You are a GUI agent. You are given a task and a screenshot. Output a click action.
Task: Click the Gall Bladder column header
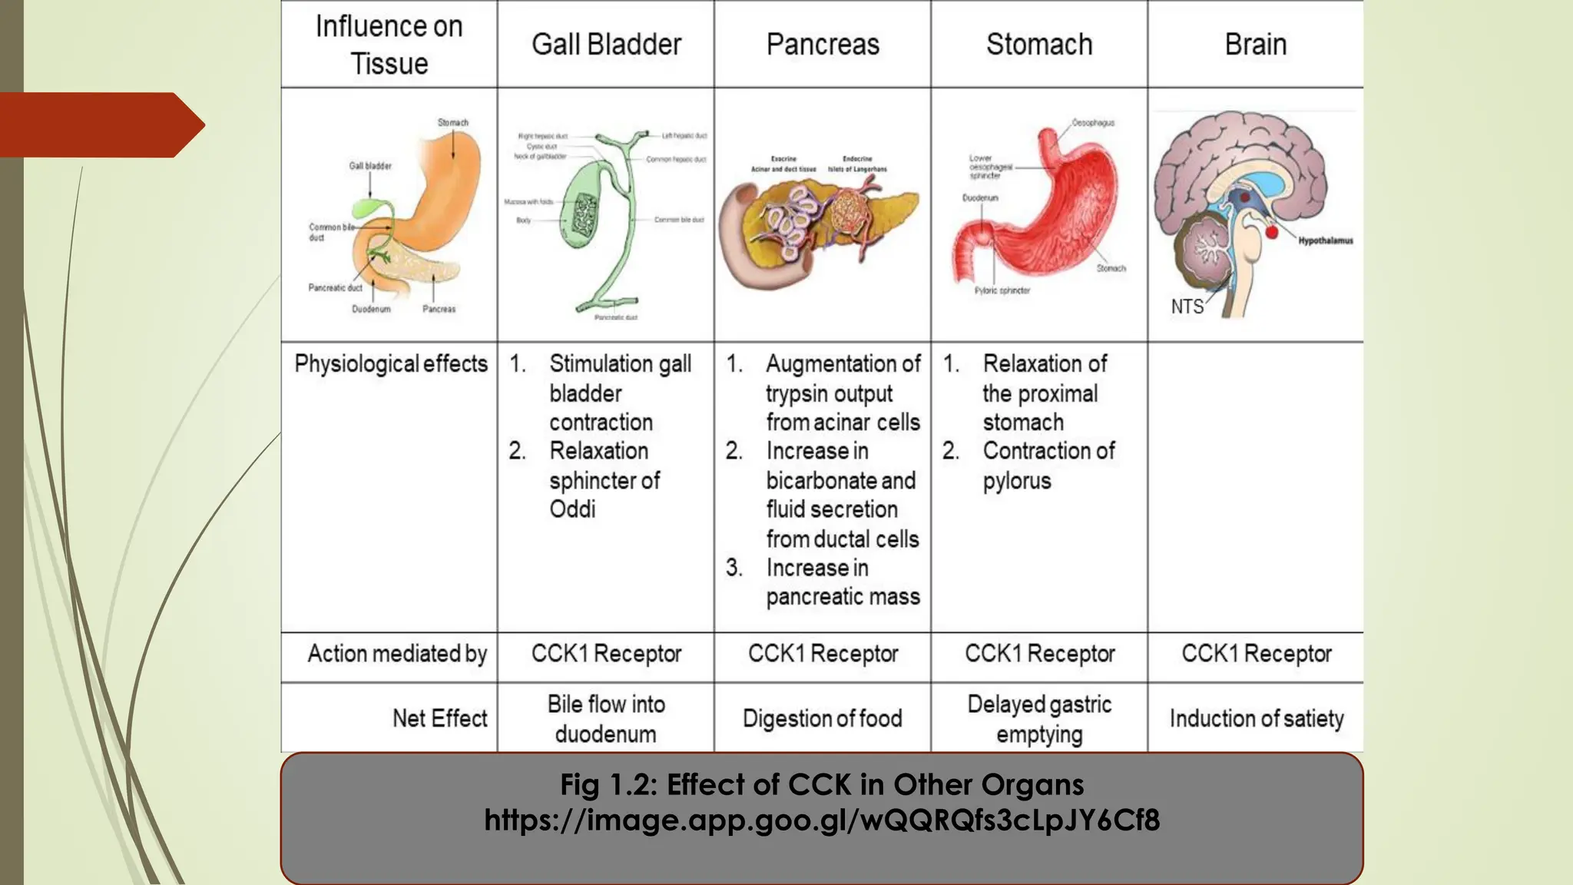pos(606,45)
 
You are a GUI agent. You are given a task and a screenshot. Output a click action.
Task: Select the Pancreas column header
pos(823,45)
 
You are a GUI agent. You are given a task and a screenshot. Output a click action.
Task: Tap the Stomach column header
pos(1039,45)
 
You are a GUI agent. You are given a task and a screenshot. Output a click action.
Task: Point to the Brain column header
pos(1256,45)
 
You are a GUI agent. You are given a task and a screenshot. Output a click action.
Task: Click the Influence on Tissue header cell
pos(389,45)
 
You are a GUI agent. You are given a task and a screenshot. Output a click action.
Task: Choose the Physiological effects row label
pos(391,363)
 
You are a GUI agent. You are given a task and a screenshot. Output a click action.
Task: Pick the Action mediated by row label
pos(397,654)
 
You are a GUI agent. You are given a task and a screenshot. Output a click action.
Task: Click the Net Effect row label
pos(439,718)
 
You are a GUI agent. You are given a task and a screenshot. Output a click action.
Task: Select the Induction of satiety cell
pos(1257,718)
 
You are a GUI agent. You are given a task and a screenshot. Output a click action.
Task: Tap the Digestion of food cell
pos(822,718)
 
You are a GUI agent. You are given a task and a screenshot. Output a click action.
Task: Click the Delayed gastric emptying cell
pos(1039,718)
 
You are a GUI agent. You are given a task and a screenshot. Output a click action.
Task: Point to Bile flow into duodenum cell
pos(606,718)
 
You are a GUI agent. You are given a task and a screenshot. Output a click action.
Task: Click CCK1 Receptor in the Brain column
pos(1257,654)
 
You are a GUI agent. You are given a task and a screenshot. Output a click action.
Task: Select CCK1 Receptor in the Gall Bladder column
pos(606,654)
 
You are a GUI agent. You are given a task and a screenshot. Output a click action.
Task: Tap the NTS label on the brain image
pos(1187,307)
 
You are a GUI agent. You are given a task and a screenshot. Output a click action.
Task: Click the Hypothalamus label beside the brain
pos(1326,240)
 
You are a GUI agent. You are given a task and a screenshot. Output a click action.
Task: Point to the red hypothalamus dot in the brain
pos(1271,230)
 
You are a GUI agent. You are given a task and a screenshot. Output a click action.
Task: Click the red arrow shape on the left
pos(100,124)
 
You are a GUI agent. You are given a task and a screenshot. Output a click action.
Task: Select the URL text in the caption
pos(822,820)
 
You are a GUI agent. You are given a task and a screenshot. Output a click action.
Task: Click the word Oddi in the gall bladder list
pos(572,509)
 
